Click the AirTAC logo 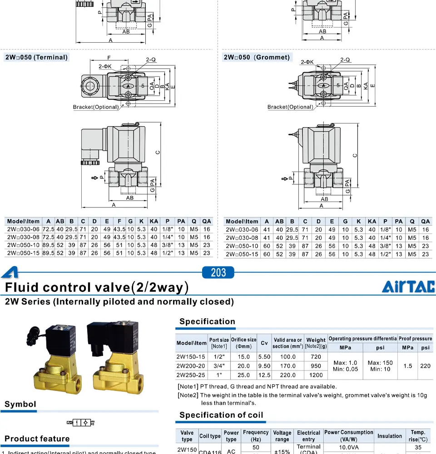(x=408, y=286)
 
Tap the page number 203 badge (x=218, y=272)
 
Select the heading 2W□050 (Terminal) (x=36, y=57)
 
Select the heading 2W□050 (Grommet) (x=257, y=57)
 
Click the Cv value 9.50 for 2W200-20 (x=264, y=366)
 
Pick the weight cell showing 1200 (x=316, y=375)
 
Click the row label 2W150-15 (x=191, y=357)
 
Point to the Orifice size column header (x=243, y=343)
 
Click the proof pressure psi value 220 (x=425, y=366)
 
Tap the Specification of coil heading (x=221, y=415)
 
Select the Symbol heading (x=20, y=404)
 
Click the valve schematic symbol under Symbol (x=81, y=423)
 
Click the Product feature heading (x=37, y=439)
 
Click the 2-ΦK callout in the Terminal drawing (x=106, y=66)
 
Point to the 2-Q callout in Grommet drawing (x=345, y=59)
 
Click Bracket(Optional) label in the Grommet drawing (x=290, y=107)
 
